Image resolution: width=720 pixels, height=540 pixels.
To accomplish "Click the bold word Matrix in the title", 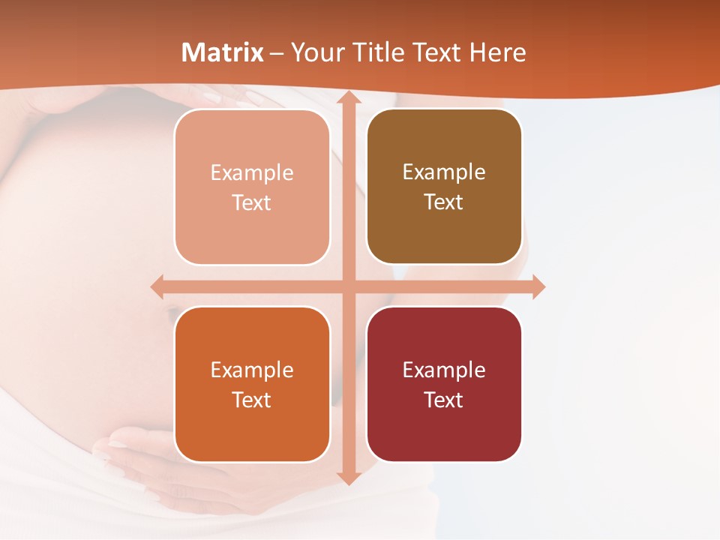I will (223, 52).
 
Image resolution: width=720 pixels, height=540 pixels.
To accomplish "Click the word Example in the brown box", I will (444, 172).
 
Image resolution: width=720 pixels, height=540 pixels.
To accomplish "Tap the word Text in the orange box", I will (252, 400).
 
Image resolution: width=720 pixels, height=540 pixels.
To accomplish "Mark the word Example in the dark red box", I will (444, 370).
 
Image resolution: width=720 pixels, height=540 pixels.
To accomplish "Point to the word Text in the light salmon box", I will (252, 202).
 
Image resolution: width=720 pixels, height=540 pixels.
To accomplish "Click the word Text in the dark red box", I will (444, 400).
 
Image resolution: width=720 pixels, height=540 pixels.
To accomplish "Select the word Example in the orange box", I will (252, 370).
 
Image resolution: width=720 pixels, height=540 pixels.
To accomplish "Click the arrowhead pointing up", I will (348, 98).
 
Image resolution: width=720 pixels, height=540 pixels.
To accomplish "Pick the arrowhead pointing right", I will (538, 286).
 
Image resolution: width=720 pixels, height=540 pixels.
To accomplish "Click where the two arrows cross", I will (348, 286).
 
